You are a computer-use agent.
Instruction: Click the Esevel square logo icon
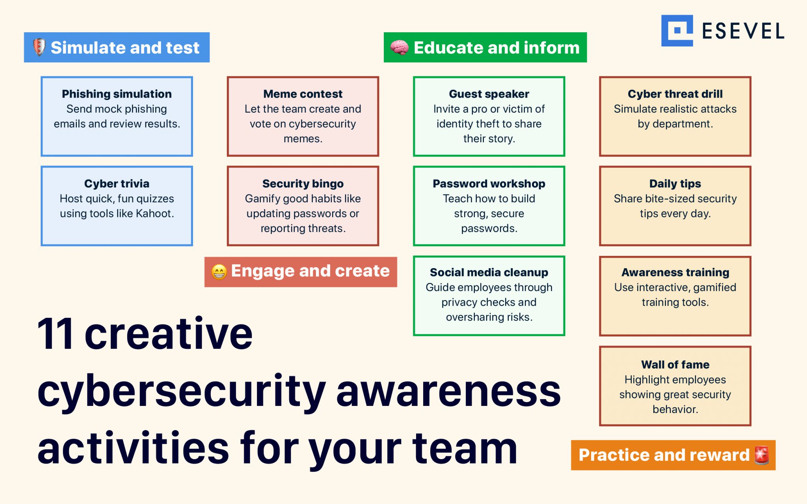[x=677, y=31]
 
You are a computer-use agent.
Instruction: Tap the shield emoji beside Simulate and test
[x=39, y=47]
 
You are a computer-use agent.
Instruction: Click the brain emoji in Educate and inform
[x=399, y=48]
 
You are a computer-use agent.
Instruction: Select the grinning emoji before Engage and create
[x=219, y=272]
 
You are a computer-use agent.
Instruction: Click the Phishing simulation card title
[x=117, y=94]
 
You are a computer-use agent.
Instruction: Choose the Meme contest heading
[x=303, y=94]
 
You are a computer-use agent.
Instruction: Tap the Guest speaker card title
[x=489, y=94]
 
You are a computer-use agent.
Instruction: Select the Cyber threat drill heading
[x=675, y=94]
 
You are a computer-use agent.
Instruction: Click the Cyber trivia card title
[x=117, y=184]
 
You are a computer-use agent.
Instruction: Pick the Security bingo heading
[x=303, y=184]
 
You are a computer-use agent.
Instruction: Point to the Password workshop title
[x=489, y=184]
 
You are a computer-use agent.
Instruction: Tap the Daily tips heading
[x=675, y=184]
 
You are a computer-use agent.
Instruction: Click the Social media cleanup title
[x=489, y=272]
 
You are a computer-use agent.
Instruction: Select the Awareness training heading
[x=675, y=272]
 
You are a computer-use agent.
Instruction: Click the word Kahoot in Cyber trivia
[x=154, y=214]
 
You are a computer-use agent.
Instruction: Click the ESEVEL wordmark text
[x=743, y=31]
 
